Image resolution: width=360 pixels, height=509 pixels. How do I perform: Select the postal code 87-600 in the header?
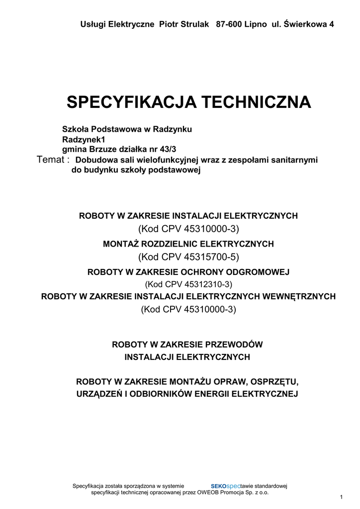pyautogui.click(x=228, y=24)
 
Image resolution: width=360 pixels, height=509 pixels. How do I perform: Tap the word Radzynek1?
pyautogui.click(x=84, y=139)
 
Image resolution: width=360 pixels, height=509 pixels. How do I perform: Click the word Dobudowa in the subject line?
pyautogui.click(x=94, y=160)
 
